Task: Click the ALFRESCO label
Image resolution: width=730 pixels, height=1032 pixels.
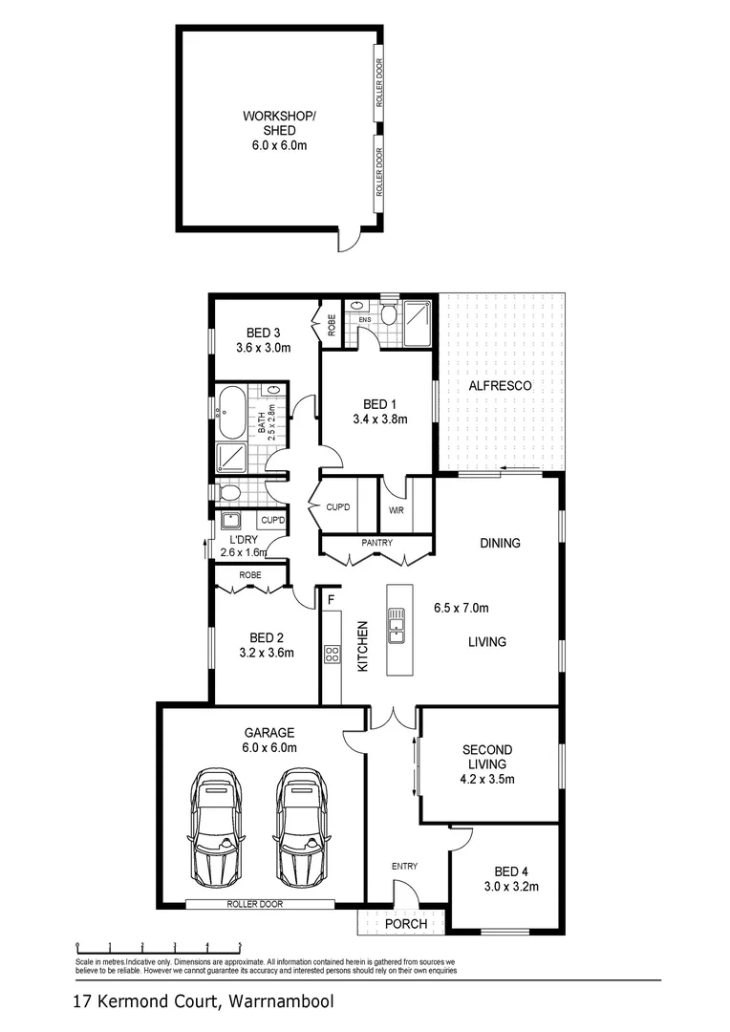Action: [x=499, y=386]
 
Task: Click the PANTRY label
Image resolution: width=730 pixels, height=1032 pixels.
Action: [x=377, y=543]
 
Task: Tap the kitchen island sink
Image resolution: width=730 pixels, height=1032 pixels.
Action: [x=396, y=631]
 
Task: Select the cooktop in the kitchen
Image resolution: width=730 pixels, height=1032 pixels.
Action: [x=333, y=655]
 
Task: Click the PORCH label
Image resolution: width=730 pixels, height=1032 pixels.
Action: [x=406, y=925]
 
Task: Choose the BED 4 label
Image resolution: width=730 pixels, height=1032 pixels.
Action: [x=511, y=871]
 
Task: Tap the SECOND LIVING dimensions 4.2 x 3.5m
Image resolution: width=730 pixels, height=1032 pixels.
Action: [x=486, y=779]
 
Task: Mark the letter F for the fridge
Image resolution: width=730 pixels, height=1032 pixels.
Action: [x=330, y=600]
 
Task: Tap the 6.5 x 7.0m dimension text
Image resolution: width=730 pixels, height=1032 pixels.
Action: [x=461, y=607]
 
